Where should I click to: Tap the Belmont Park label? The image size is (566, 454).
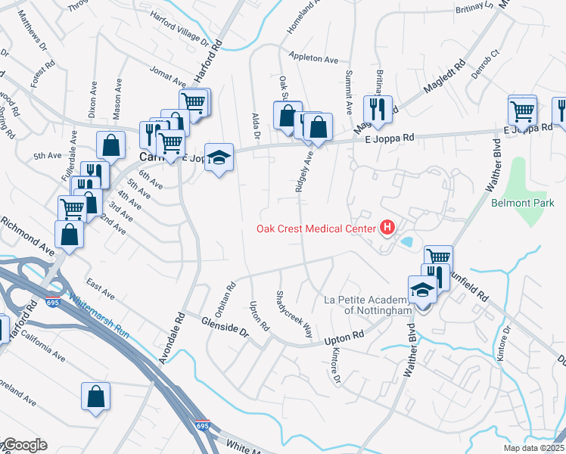tap(523, 203)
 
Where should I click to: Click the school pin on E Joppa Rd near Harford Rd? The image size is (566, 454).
tap(219, 158)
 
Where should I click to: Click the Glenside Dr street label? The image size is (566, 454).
tap(225, 326)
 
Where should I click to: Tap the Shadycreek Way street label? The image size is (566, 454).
tap(294, 313)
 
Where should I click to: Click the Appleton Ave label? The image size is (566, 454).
tap(314, 58)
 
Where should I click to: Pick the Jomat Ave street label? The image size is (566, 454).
tap(168, 76)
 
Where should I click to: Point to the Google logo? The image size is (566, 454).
tap(24, 445)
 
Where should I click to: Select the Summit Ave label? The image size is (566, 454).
tap(349, 92)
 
